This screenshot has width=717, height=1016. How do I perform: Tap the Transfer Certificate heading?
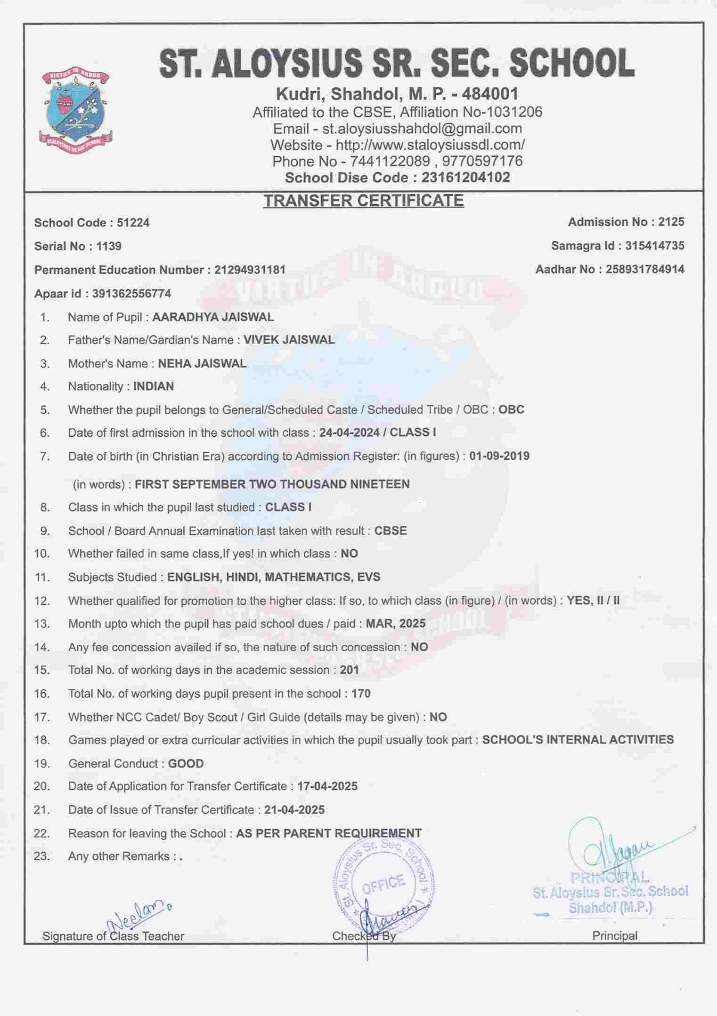coord(363,200)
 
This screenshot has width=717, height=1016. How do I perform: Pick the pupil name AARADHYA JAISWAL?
coord(213,317)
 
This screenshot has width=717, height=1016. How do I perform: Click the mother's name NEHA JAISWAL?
coord(202,363)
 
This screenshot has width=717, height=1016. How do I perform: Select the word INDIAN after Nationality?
coord(154,386)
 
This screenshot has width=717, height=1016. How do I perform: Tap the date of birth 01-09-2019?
coord(499,456)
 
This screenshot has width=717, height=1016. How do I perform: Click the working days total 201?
coord(349,670)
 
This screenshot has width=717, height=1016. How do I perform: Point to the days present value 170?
coord(361,694)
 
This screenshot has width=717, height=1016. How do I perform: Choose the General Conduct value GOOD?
coord(186,763)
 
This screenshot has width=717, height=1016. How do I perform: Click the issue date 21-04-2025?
coord(294,810)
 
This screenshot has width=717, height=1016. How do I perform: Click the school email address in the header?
coord(422,128)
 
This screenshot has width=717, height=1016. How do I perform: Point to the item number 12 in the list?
coord(41,600)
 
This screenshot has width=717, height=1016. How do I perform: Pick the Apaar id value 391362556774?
coord(131,294)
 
